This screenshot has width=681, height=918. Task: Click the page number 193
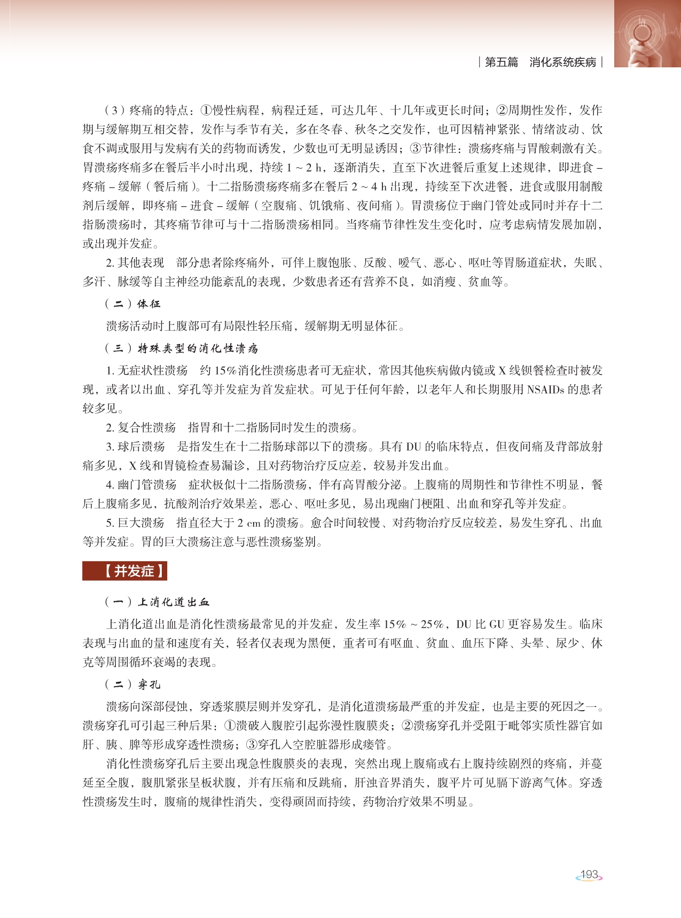click(x=589, y=875)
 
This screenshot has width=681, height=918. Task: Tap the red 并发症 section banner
click(x=124, y=571)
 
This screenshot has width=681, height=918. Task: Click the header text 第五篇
click(x=502, y=63)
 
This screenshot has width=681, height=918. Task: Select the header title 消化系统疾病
click(x=562, y=63)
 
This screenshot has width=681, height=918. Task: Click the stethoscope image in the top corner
click(x=647, y=33)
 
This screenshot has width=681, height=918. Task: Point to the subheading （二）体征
click(x=132, y=304)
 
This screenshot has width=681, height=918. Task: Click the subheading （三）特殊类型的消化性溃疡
click(x=181, y=349)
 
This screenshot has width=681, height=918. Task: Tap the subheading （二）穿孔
click(x=132, y=684)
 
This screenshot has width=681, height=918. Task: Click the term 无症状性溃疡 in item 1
click(x=153, y=371)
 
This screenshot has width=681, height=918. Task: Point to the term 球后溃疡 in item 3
click(x=142, y=447)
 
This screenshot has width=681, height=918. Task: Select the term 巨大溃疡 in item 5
click(x=141, y=523)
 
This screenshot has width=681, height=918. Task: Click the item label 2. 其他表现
click(x=135, y=263)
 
